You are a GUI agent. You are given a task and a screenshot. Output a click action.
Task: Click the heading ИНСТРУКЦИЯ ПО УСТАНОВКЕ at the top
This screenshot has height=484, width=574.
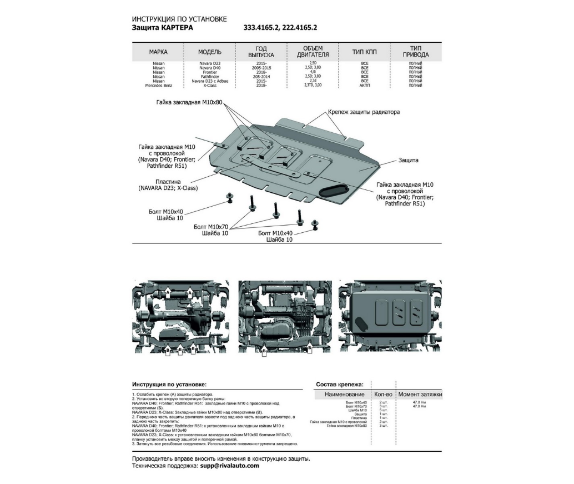[179, 19]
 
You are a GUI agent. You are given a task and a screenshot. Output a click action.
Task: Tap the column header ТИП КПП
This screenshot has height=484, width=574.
[364, 52]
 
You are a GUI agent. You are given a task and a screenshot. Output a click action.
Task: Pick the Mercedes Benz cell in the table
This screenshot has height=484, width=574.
[158, 86]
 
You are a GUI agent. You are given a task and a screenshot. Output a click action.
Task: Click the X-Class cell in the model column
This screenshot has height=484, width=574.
[210, 86]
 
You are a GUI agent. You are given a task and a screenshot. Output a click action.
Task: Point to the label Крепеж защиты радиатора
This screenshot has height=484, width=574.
[364, 112]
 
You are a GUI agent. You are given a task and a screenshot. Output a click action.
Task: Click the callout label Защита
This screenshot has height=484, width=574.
[408, 160]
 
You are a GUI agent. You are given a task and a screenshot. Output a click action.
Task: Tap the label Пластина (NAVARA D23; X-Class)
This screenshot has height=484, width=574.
[168, 184]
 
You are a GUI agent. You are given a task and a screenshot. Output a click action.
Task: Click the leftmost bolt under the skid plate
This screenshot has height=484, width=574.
[229, 198]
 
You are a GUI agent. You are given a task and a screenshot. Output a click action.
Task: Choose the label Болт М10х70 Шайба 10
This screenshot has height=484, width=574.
[211, 230]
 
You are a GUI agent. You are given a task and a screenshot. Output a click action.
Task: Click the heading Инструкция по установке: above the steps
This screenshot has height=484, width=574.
[169, 384]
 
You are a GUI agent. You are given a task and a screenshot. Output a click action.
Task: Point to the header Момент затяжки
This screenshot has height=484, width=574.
[420, 395]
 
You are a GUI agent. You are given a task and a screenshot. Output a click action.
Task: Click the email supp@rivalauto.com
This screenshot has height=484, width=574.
[229, 466]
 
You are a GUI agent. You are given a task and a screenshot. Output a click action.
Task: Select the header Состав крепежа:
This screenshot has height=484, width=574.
[340, 384]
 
